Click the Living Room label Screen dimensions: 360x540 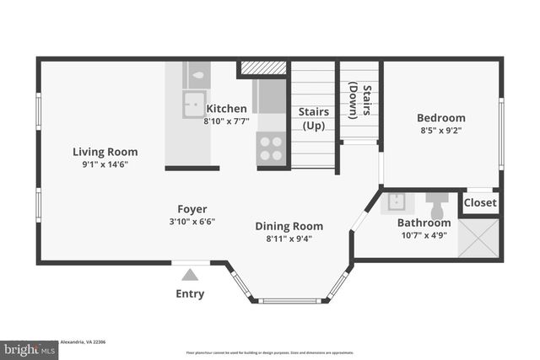[105, 152]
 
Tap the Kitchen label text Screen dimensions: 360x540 [226, 108]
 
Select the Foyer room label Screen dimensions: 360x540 [192, 209]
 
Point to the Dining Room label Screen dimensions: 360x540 [289, 226]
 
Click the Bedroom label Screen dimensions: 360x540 [440, 118]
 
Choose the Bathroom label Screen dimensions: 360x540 [424, 223]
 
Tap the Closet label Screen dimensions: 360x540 [480, 202]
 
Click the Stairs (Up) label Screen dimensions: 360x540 [314, 118]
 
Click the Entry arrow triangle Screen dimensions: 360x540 [191, 274]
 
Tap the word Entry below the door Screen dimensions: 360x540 [190, 293]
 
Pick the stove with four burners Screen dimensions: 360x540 [271, 148]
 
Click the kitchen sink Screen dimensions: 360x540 [193, 105]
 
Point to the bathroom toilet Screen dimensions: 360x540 [437, 203]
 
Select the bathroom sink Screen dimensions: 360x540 [395, 203]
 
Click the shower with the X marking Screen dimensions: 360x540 [478, 238]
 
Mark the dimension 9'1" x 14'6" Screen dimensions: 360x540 [105, 165]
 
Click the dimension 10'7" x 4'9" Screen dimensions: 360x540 [424, 235]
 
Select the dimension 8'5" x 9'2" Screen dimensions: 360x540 [440, 132]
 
